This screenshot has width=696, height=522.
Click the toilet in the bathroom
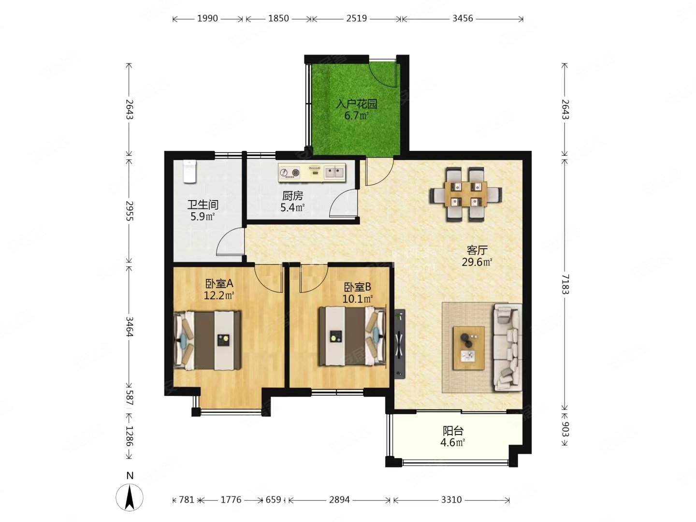(190, 172)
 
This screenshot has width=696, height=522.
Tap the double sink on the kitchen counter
(334, 173)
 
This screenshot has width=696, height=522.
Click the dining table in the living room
(466, 194)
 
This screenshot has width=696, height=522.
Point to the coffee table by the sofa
(469, 348)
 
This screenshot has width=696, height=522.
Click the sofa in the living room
(507, 348)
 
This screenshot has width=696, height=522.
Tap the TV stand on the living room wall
(400, 344)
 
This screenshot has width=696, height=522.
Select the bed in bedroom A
(207, 340)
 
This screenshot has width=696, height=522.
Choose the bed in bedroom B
(352, 335)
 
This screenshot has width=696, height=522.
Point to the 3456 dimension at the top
(463, 18)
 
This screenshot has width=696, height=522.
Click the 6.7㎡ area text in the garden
(357, 116)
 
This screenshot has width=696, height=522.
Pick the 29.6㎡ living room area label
(477, 262)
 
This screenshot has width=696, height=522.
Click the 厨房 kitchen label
(292, 196)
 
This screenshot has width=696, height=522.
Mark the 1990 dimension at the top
(208, 18)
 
